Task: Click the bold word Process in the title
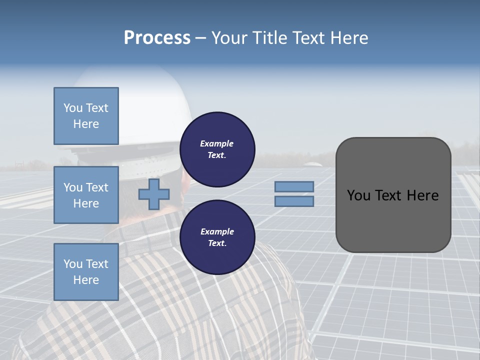(157, 38)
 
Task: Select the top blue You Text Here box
(86, 116)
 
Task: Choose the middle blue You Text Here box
(86, 195)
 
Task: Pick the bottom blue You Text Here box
(86, 272)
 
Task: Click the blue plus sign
(153, 194)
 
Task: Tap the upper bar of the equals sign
(294, 186)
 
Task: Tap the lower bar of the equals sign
(294, 201)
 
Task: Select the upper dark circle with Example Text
(217, 149)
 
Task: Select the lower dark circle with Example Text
(217, 237)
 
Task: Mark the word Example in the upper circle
(217, 143)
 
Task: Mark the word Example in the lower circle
(217, 231)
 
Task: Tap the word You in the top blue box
(72, 108)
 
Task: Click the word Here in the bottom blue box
(86, 280)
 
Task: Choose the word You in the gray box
(358, 195)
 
